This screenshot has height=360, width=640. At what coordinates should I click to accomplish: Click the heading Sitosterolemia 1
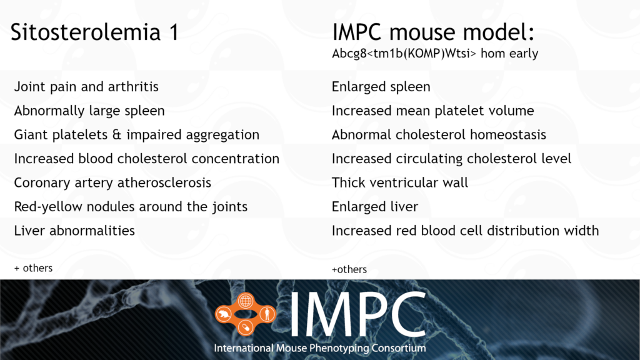(94, 32)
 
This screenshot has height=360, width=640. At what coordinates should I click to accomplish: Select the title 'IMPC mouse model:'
(433, 32)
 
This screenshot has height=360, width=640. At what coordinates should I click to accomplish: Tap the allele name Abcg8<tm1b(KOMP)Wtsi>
(404, 54)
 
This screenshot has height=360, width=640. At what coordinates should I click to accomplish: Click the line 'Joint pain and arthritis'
(86, 87)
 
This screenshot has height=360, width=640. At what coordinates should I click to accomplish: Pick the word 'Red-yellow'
(48, 207)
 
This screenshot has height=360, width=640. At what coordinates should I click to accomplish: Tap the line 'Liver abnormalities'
(74, 231)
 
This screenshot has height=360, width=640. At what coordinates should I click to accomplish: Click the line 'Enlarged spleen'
(381, 87)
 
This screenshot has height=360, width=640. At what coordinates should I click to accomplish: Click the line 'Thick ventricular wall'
(399, 182)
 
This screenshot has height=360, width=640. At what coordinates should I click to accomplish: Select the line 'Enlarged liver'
(375, 207)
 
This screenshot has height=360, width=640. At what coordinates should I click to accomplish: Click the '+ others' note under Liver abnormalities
(34, 268)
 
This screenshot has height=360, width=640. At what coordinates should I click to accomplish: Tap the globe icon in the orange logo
(245, 301)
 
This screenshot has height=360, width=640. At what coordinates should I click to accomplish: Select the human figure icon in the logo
(267, 314)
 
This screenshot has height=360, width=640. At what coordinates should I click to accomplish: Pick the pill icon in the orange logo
(245, 327)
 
